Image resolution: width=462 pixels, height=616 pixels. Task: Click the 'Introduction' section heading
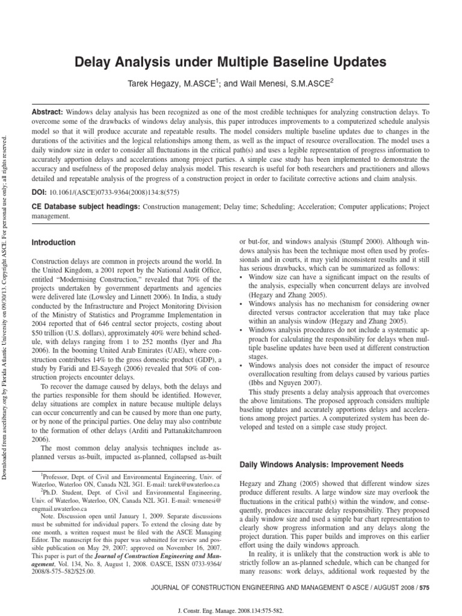point(54,242)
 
